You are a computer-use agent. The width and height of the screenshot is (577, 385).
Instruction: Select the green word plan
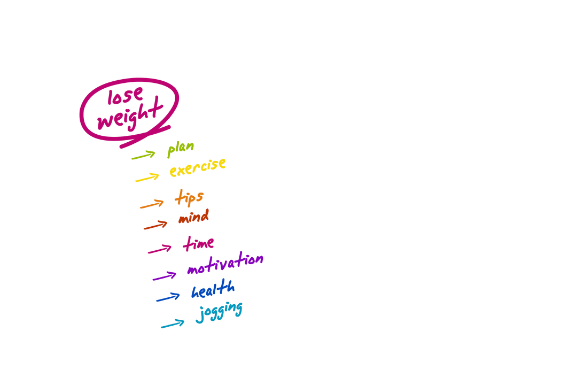click(x=180, y=149)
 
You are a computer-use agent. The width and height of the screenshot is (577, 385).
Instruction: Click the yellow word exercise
click(x=198, y=167)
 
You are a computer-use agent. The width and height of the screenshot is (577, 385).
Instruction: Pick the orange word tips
click(x=189, y=198)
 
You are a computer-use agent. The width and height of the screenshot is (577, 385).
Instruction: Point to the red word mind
click(x=193, y=218)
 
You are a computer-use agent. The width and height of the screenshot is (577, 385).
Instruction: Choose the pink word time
click(x=198, y=244)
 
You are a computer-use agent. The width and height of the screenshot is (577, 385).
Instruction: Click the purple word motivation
click(x=225, y=264)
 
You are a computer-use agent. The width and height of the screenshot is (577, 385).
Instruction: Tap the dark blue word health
click(x=213, y=290)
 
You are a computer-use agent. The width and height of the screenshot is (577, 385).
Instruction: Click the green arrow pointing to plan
click(x=143, y=156)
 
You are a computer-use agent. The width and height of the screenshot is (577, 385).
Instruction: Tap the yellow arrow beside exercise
click(x=147, y=178)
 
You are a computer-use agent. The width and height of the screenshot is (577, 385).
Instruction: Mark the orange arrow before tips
click(x=152, y=204)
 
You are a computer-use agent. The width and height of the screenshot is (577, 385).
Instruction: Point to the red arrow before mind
click(x=156, y=225)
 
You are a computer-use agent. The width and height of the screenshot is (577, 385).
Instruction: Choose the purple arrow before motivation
click(x=165, y=276)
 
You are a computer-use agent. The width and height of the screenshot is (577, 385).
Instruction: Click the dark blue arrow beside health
click(x=168, y=297)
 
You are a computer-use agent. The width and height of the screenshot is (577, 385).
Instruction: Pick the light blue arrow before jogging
click(x=173, y=324)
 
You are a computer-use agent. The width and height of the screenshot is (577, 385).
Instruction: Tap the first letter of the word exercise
click(x=174, y=172)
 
